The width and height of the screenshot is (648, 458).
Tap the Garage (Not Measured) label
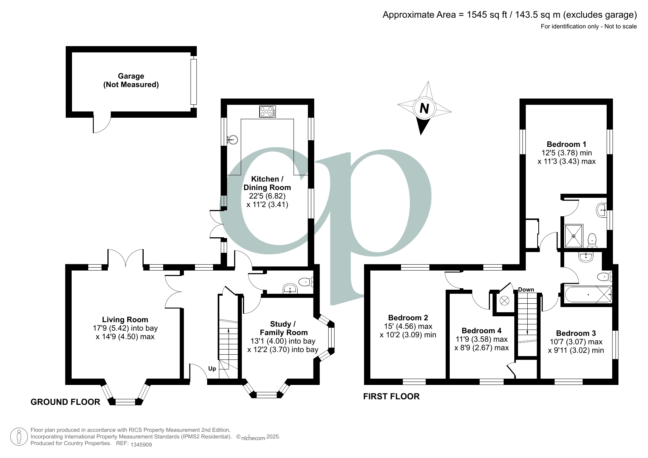pyautogui.click(x=131, y=80)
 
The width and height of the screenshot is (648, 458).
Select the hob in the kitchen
pyautogui.click(x=267, y=111)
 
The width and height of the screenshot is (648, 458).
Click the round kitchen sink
pyautogui.click(x=233, y=140)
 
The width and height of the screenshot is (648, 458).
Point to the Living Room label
pyautogui.click(x=125, y=320)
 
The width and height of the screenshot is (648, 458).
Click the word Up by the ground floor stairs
pyautogui.click(x=212, y=369)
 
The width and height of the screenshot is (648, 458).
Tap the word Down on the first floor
pyautogui.click(x=526, y=290)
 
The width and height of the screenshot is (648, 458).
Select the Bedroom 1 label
pyautogui.click(x=566, y=144)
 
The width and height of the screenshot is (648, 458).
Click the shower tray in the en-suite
pyautogui.click(x=573, y=236)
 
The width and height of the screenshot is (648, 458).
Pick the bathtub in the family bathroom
pyautogui.click(x=587, y=295)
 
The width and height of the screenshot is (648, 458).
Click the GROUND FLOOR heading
pyautogui.click(x=65, y=402)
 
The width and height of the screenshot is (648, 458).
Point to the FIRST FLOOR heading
pyautogui.click(x=391, y=396)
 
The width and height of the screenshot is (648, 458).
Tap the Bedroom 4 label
pyautogui.click(x=481, y=330)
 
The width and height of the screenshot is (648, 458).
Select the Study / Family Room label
pyautogui.click(x=283, y=328)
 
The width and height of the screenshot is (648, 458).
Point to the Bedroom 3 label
pyautogui.click(x=576, y=333)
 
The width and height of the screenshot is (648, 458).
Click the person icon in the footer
pyautogui.click(x=19, y=437)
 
